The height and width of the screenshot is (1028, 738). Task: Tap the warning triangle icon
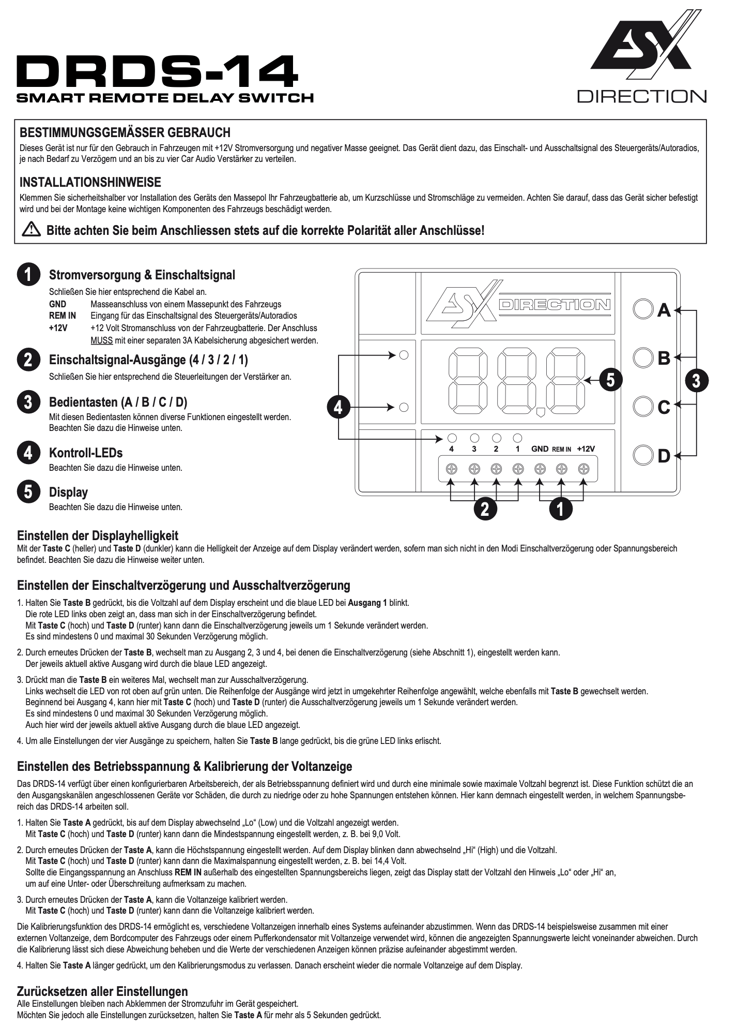31,230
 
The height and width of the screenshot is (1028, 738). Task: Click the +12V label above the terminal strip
586,449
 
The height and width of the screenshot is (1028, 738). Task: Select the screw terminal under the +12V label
584,469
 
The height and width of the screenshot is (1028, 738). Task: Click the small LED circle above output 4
452,438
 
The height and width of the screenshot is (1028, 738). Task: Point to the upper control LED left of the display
404,355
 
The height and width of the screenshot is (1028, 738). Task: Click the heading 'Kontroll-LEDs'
86,453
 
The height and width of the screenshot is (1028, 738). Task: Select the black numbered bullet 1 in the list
28,274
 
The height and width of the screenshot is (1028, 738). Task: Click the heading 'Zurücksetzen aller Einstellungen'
102,991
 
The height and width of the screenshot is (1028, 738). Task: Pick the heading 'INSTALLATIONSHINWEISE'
90,182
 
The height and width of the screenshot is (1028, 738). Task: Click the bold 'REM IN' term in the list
62,316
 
